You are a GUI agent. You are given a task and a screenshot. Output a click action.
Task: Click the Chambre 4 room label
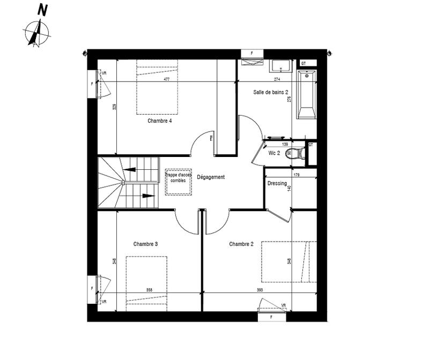coord(159,121)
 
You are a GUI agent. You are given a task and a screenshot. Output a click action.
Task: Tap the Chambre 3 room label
coord(145,244)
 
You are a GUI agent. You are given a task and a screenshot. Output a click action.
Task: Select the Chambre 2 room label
coord(241,244)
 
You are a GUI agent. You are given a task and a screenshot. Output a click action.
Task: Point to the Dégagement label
coord(210,177)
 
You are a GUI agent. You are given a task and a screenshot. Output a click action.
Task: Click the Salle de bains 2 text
coord(271,93)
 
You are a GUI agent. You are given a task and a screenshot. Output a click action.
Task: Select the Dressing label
coord(277,184)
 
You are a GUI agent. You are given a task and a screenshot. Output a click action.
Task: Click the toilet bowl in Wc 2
coord(299,153)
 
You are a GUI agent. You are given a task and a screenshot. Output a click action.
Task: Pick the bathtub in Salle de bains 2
coord(306,94)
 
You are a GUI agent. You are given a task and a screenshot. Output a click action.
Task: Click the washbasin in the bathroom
coord(281,66)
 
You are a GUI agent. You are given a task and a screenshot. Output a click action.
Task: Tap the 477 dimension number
coord(167,80)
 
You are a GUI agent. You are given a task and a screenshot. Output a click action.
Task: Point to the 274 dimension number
coord(277,80)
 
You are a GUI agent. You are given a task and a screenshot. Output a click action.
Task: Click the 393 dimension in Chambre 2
coord(260,290)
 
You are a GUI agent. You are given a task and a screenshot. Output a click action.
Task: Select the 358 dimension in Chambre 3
coord(149,290)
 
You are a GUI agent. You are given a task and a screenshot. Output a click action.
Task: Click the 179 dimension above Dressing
coord(296,175)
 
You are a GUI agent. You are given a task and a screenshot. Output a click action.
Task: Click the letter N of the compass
coord(42,9)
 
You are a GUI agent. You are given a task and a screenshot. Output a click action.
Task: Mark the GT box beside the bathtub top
coord(304,63)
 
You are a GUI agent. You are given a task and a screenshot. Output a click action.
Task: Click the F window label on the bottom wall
coord(272,317)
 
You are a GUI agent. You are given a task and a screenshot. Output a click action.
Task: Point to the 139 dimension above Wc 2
coord(285,145)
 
